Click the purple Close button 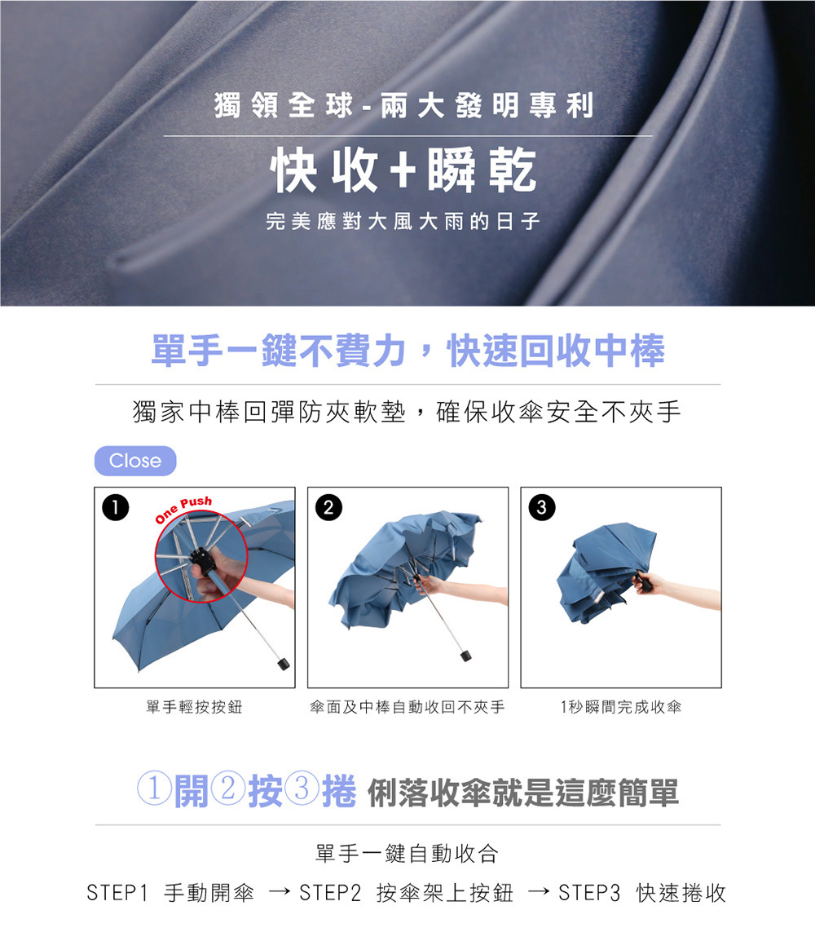click(x=135, y=461)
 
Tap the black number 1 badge click(x=116, y=507)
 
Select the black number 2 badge click(x=328, y=507)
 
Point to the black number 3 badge click(x=541, y=507)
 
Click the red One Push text click(x=183, y=509)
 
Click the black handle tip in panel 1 click(x=284, y=663)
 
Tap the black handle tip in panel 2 click(x=465, y=654)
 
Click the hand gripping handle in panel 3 click(x=648, y=583)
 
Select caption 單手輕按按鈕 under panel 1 click(x=194, y=707)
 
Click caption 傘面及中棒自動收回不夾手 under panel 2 click(x=407, y=707)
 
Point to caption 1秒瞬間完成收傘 click(x=621, y=707)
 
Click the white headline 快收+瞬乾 click(x=404, y=171)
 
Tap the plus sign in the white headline click(x=403, y=171)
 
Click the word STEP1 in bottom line click(x=117, y=893)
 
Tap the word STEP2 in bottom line click(x=330, y=893)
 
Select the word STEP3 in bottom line click(x=589, y=893)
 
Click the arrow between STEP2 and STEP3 click(x=539, y=892)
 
